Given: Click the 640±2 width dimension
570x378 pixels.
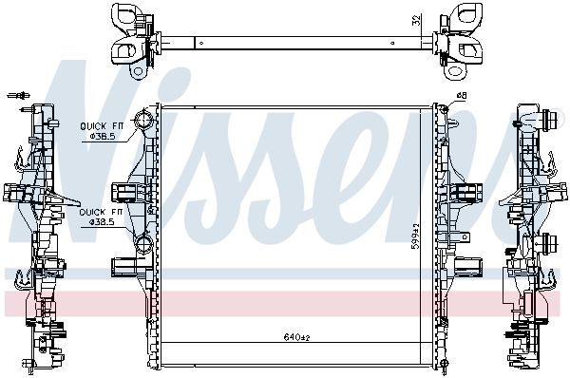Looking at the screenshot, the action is pyautogui.click(x=296, y=337).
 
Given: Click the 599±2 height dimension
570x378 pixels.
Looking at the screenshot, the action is pyautogui.click(x=415, y=236).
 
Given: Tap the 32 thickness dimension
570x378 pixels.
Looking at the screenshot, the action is pyautogui.click(x=417, y=20).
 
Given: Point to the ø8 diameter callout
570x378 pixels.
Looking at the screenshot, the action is pyautogui.click(x=462, y=96).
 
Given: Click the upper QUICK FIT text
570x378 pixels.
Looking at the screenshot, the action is pyautogui.click(x=102, y=126).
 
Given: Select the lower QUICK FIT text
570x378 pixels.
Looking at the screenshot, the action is pyautogui.click(x=101, y=212).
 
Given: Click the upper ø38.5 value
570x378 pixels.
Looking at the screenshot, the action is pyautogui.click(x=103, y=137).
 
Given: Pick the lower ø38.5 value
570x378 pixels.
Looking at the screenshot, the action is pyautogui.click(x=102, y=221).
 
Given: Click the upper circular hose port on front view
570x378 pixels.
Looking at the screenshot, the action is pyautogui.click(x=142, y=120).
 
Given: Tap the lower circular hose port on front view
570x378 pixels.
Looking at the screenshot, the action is pyautogui.click(x=143, y=243).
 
